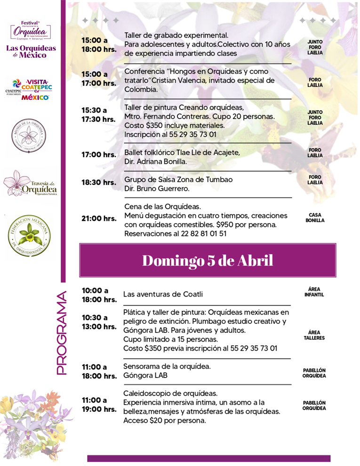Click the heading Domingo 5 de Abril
click(208, 261)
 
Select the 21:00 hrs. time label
click(98, 218)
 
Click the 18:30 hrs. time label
click(98, 182)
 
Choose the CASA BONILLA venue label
click(315, 217)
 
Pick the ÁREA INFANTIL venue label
click(314, 292)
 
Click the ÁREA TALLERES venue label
click(314, 335)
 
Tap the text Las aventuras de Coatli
click(163, 295)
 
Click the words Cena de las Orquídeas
click(162, 206)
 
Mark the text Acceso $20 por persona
click(164, 421)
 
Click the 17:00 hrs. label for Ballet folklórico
click(98, 155)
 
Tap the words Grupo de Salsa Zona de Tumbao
click(178, 179)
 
